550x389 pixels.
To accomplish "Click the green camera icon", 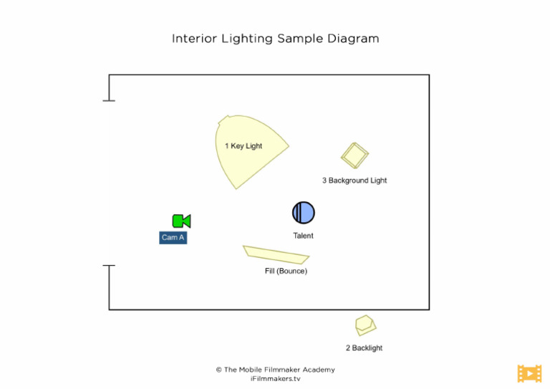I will point(181,221).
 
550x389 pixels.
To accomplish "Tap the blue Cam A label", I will point(173,238).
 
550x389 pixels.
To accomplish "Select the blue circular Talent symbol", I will point(304,213).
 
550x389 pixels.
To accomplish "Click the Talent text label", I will point(303,236).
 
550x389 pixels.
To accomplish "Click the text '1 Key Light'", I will point(243,146).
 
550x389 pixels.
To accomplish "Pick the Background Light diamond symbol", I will point(354,155).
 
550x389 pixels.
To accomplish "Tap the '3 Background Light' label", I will point(354,181).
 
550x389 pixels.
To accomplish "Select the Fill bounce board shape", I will point(276,254).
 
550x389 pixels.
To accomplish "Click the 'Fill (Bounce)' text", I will point(286,272).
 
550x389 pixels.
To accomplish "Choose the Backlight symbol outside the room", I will point(365,325).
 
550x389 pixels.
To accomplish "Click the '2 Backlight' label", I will point(364,348).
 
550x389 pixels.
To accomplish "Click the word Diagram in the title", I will point(353,38).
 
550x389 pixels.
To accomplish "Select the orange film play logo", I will point(529,373).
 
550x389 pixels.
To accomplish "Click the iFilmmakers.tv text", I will point(275,378).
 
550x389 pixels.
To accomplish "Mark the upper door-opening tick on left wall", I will point(109,100).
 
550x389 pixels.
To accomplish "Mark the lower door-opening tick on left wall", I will point(109,266).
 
